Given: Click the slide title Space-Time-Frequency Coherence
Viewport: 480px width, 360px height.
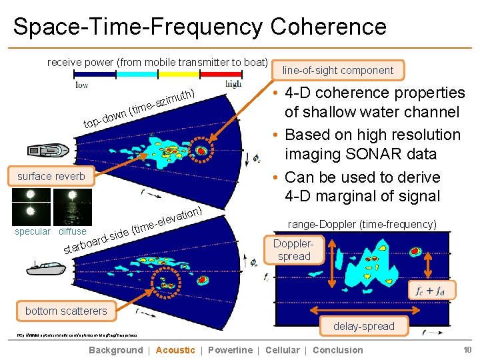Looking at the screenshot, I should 199,27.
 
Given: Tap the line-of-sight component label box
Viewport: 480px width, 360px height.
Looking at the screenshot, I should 338,70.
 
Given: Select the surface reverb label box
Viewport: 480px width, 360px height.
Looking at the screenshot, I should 51,177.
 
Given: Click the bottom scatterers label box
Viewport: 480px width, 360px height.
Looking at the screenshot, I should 66,311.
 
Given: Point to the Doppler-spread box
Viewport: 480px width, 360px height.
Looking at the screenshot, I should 294,250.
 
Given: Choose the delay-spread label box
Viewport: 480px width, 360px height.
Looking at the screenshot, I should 365,326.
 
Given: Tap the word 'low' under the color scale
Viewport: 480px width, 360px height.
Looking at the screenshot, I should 81,85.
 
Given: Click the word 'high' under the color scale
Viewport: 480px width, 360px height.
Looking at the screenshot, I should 233,85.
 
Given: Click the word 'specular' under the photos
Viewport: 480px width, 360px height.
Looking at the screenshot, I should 32,231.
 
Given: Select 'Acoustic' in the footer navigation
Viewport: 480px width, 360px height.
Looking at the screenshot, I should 175,350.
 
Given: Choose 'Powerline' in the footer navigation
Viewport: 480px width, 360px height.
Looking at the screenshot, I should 230,350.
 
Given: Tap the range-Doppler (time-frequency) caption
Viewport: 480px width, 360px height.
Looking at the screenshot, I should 362,225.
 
